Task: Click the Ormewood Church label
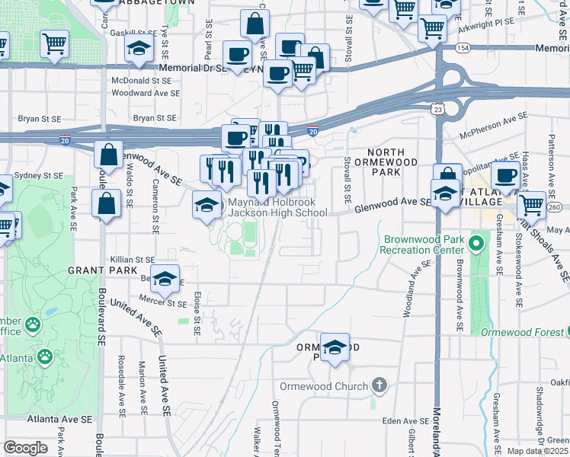tap(324, 386)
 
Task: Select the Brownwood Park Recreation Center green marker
tap(476, 244)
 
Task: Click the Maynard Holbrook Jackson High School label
tap(278, 208)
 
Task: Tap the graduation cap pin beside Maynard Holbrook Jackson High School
tap(206, 205)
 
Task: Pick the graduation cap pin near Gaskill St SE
tap(139, 49)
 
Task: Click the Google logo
tap(25, 448)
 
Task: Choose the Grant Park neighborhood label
tap(91, 270)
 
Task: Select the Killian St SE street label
tap(133, 260)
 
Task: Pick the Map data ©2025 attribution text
tap(537, 451)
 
